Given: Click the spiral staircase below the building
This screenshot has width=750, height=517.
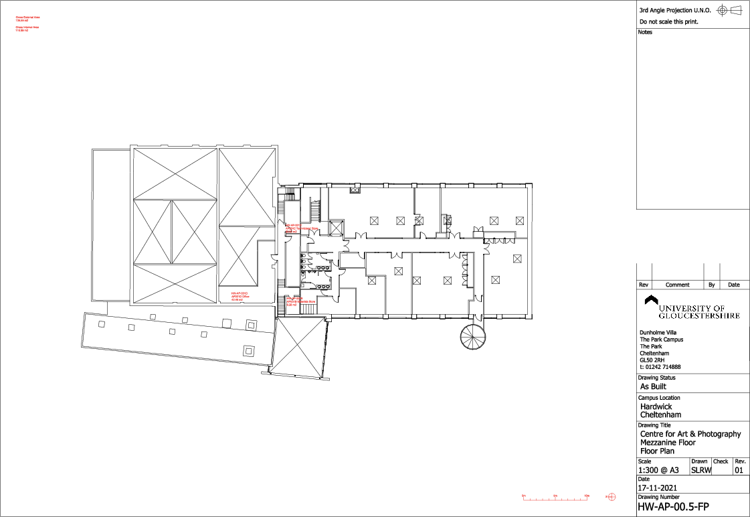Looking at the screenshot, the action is (474, 336).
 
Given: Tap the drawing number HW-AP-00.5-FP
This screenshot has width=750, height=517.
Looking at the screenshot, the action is (672, 507).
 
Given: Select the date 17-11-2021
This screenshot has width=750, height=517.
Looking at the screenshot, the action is (658, 488).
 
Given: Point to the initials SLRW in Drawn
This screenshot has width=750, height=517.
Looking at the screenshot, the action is (700, 470).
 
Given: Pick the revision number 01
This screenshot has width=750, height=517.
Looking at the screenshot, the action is (739, 470).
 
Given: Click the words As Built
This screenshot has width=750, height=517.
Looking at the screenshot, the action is (653, 386).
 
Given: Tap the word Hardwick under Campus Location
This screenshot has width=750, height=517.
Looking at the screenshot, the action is (656, 407).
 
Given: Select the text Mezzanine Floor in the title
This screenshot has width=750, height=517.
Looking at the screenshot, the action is (668, 443).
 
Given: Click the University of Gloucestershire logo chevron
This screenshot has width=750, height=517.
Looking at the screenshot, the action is (648, 300).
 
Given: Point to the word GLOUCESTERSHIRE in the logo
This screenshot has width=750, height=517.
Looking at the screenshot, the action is (699, 315).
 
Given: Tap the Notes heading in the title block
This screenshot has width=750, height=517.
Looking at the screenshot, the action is (645, 32).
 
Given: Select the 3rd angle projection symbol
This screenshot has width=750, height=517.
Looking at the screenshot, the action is (729, 10).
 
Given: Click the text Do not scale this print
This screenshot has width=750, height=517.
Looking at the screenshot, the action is (668, 22).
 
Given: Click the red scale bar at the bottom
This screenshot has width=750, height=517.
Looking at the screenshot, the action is (555, 496).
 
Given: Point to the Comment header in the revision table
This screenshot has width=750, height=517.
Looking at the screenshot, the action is (677, 285).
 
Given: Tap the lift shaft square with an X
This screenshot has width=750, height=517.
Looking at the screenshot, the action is (336, 226).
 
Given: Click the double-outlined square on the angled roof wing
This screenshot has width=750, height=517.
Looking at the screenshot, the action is (248, 350).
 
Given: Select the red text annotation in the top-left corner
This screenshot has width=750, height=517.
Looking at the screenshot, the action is (27, 23).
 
